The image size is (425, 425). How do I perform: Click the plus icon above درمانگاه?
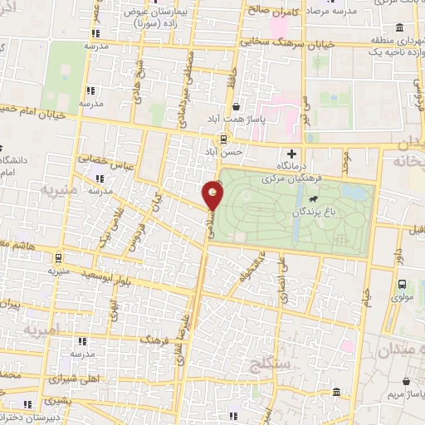coord(291,154)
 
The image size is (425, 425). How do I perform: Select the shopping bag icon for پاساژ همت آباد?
coord(237,107)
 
